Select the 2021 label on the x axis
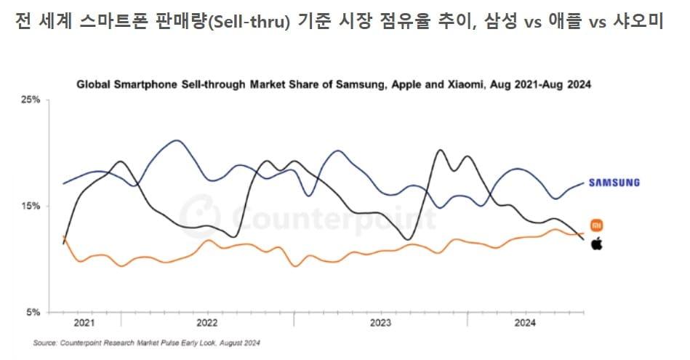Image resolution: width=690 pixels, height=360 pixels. [x=84, y=322]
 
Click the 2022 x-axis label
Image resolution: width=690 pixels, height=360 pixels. [x=207, y=322]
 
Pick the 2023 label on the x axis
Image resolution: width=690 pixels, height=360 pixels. [x=381, y=322]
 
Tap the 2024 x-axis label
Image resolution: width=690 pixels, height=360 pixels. [x=526, y=322]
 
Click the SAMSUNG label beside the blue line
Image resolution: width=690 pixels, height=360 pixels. [x=614, y=183]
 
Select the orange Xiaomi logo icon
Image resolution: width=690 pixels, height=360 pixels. [x=596, y=225]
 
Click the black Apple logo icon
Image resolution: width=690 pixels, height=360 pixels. [x=596, y=242]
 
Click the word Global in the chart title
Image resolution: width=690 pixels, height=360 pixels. [x=94, y=84]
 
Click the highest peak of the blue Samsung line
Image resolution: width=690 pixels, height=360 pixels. [x=176, y=140]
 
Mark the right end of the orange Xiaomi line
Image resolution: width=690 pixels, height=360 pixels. [x=583, y=233]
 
